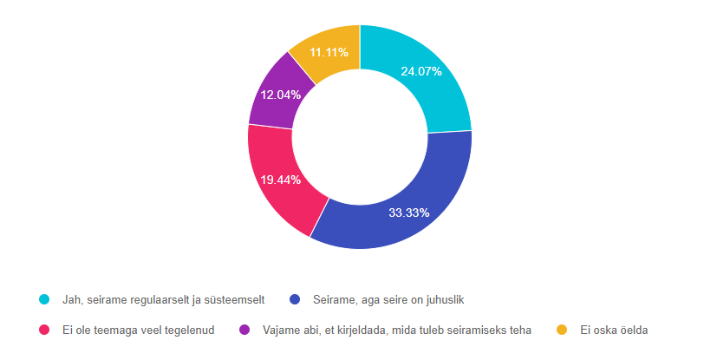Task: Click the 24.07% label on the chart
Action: point(421,72)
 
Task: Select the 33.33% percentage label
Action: point(408,213)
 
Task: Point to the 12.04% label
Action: point(281,95)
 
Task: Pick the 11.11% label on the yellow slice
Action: point(329,52)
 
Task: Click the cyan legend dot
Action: point(45,300)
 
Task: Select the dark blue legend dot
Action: point(295,300)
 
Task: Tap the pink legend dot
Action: point(45,330)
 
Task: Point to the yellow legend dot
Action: point(562,330)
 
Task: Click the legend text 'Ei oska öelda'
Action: point(614,330)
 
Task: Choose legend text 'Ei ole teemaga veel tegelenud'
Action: point(138,330)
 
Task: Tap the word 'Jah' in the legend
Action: point(72,300)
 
